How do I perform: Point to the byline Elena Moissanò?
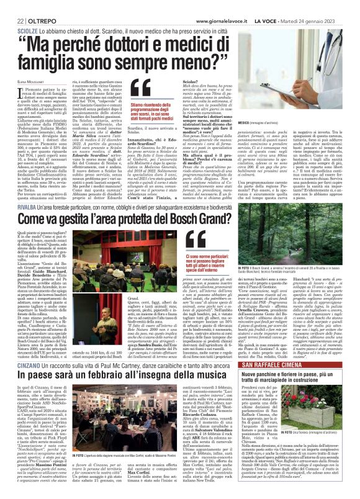[23, 81]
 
